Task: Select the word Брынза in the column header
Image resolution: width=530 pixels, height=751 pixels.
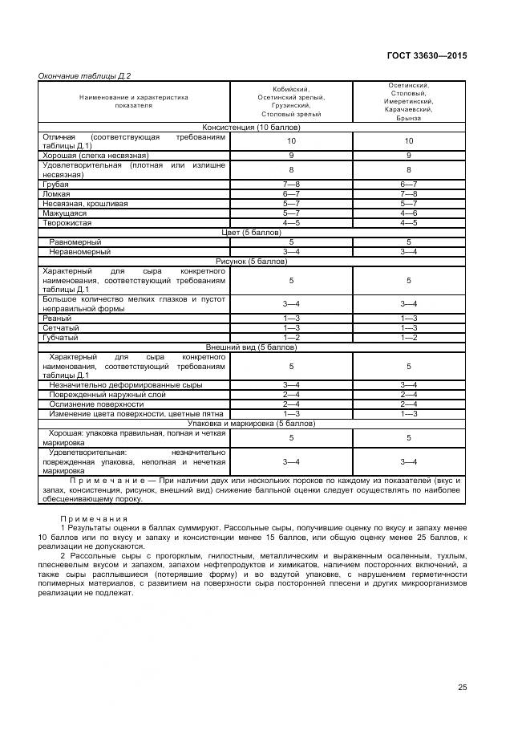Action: pyautogui.click(x=409, y=119)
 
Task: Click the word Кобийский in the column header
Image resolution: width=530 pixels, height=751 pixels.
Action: pyautogui.click(x=291, y=89)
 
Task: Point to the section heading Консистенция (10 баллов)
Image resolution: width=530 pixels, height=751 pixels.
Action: pyautogui.click(x=251, y=127)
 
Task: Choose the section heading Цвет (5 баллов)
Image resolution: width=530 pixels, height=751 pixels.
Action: pyautogui.click(x=251, y=232)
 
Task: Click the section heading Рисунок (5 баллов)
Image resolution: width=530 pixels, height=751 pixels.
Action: pyautogui.click(x=251, y=262)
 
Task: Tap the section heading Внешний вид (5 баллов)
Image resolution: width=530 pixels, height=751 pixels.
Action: pyautogui.click(x=251, y=347)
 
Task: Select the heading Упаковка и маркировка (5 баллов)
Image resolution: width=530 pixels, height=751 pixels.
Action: pyautogui.click(x=251, y=423)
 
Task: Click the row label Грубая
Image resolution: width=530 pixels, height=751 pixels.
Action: pyautogui.click(x=55, y=185)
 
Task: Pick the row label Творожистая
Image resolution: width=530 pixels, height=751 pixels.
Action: pyautogui.click(x=67, y=222)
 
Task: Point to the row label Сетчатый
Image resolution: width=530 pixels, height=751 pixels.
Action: pyautogui.click(x=61, y=327)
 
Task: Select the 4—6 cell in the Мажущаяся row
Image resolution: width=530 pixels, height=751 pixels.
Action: pyautogui.click(x=409, y=213)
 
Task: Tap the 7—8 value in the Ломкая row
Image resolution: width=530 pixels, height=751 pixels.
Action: pyautogui.click(x=409, y=193)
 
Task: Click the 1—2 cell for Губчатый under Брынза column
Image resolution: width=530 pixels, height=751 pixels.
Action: pyautogui.click(x=409, y=338)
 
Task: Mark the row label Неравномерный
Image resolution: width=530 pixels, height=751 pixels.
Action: pyautogui.click(x=79, y=252)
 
